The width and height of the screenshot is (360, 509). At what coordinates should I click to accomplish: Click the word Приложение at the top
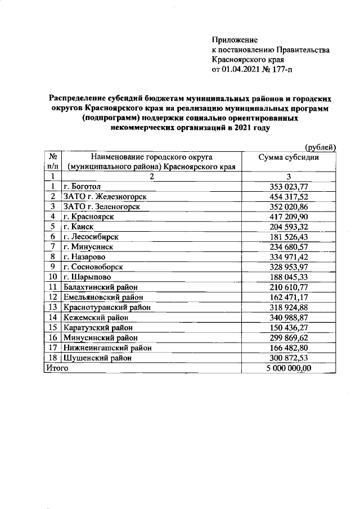pyautogui.click(x=235, y=40)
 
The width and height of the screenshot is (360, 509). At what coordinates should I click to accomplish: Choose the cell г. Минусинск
pyautogui.click(x=86, y=246)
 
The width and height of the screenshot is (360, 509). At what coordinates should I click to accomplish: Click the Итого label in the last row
pyautogui.click(x=56, y=368)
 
